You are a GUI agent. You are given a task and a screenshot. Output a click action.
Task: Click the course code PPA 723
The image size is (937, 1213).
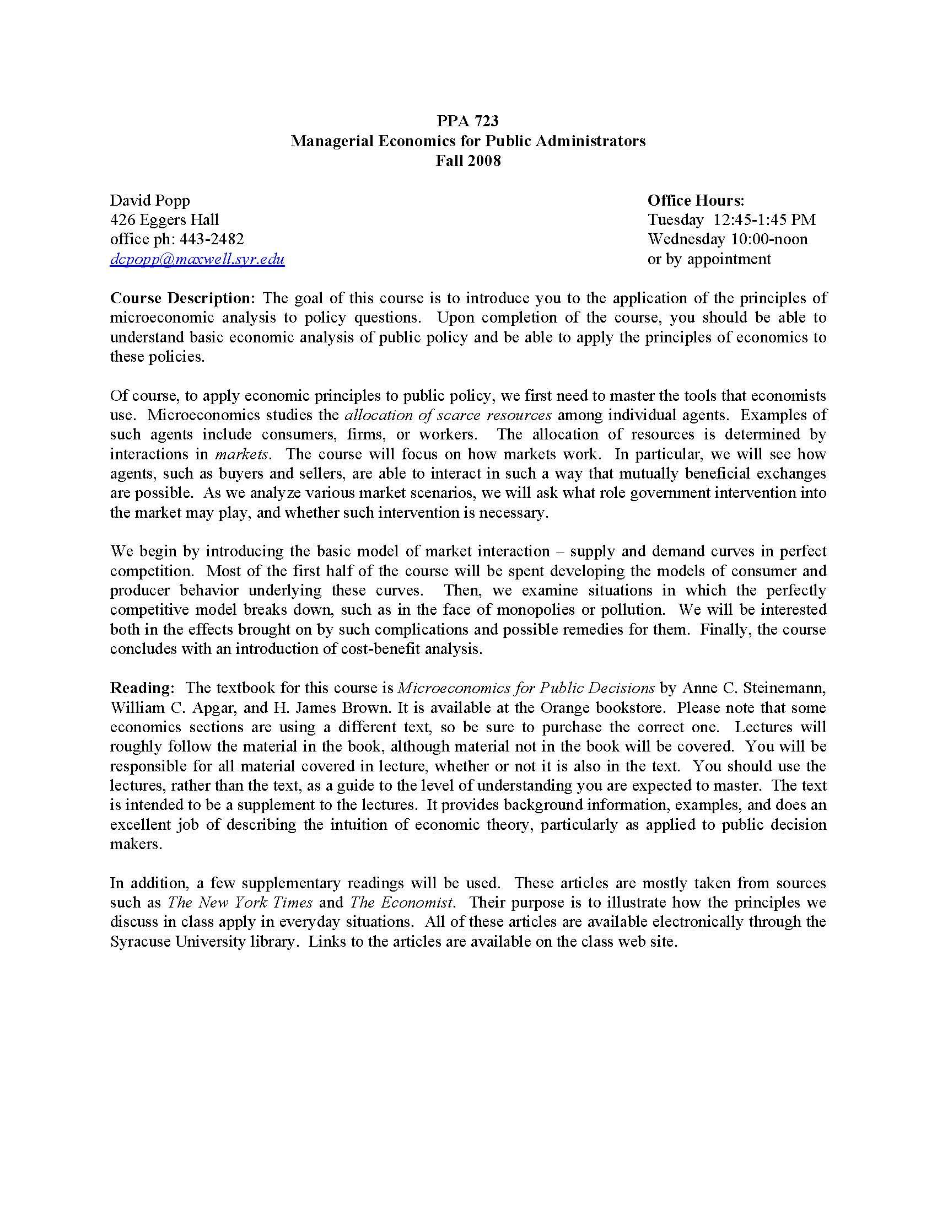click(x=467, y=121)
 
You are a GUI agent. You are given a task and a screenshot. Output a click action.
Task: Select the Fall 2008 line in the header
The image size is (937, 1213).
click(x=467, y=160)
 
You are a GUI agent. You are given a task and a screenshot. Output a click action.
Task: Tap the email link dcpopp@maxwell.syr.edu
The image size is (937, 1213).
click(x=197, y=259)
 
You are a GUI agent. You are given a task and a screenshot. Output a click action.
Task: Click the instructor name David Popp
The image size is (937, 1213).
click(x=150, y=200)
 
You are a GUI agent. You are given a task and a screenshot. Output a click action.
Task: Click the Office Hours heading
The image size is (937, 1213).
click(x=696, y=200)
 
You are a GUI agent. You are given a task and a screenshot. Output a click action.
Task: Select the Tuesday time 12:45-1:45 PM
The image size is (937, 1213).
click(x=764, y=220)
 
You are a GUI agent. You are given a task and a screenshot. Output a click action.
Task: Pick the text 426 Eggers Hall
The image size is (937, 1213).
click(x=164, y=220)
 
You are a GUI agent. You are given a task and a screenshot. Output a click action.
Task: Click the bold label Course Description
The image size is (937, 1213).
click(x=181, y=298)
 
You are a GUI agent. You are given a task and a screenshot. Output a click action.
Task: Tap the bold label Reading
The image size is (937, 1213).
click(x=141, y=688)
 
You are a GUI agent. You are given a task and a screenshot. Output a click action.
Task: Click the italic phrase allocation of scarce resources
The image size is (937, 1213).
click(x=448, y=415)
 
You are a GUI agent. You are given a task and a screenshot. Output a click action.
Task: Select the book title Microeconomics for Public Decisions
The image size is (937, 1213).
click(x=526, y=688)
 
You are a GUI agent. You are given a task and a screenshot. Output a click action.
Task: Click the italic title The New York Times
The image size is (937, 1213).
click(x=240, y=902)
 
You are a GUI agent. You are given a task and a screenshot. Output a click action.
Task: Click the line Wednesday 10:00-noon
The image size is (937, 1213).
click(x=727, y=239)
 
